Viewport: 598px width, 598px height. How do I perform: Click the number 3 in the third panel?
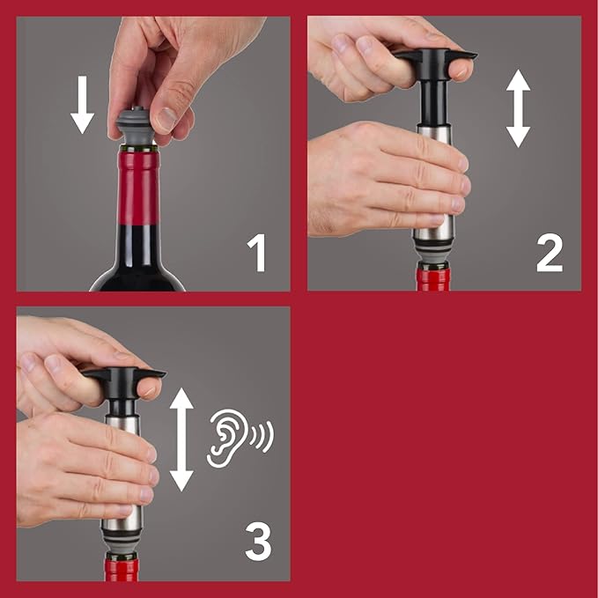[257, 543]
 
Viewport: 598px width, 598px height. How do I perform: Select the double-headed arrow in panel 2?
[518, 108]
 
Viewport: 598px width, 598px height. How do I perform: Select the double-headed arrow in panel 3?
[181, 439]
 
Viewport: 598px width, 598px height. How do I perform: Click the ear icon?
[225, 440]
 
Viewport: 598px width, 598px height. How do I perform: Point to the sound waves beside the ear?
[262, 436]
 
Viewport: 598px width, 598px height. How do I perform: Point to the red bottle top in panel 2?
[433, 279]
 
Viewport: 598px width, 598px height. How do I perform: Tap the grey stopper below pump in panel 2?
[433, 256]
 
